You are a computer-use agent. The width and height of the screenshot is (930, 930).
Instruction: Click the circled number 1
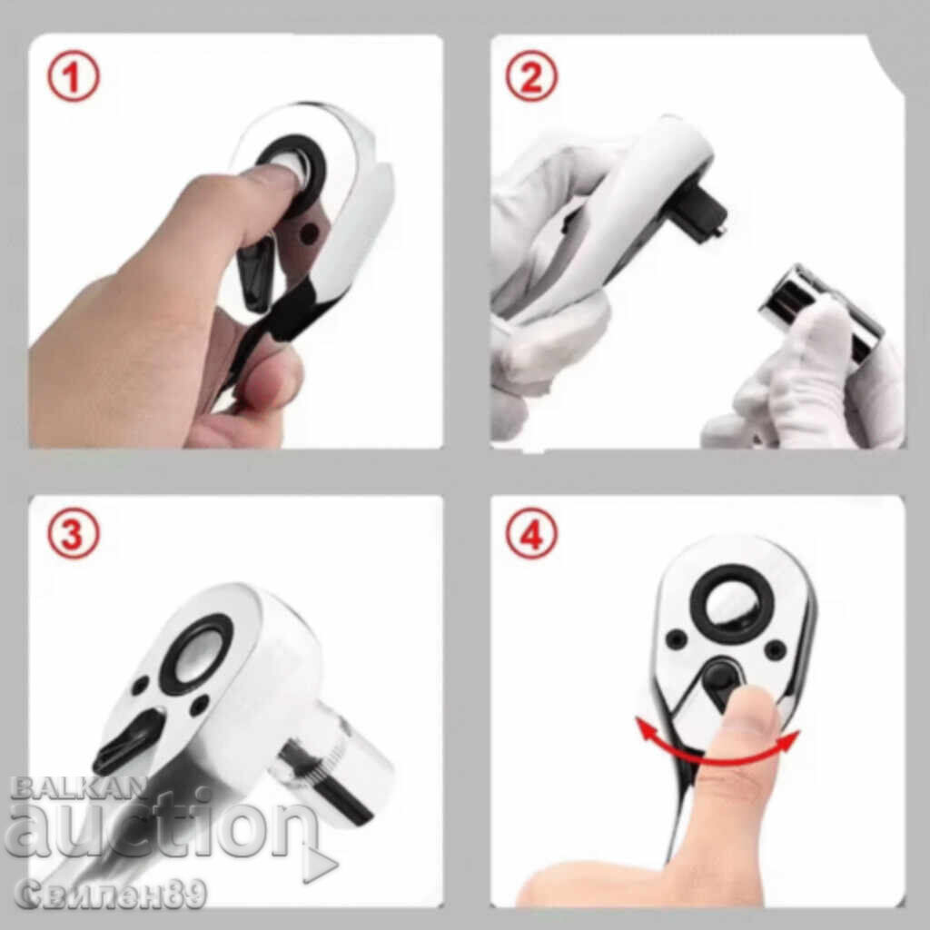(73, 77)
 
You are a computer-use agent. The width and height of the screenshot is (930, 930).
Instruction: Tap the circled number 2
(531, 76)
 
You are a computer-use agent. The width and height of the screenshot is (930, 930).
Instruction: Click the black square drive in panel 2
(702, 213)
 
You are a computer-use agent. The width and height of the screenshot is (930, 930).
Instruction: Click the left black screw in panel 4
(676, 638)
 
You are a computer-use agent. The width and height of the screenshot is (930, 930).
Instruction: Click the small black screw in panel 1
(307, 233)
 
